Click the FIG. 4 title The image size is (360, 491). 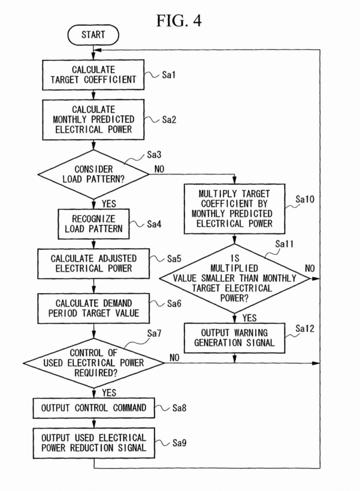pyautogui.click(x=179, y=20)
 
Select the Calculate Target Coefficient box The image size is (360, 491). pyautogui.click(x=93, y=74)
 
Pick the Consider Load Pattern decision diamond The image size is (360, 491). pyautogui.click(x=93, y=174)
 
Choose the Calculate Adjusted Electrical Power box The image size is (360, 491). pyautogui.click(x=93, y=263)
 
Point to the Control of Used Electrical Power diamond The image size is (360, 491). pyautogui.click(x=93, y=363)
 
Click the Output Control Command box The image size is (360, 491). pyautogui.click(x=93, y=408)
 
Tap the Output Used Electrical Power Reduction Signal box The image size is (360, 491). pyautogui.click(x=93, y=442)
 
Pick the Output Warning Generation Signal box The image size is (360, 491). pyautogui.click(x=234, y=338)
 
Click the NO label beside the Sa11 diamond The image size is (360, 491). pyautogui.click(x=310, y=267)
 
